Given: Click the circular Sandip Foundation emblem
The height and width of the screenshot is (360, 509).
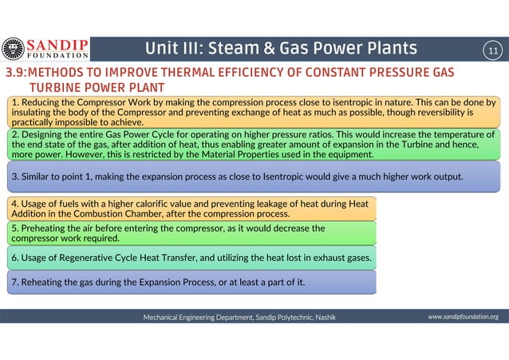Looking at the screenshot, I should [13, 49].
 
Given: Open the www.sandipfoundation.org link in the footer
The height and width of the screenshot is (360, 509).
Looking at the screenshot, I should [463, 317].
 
